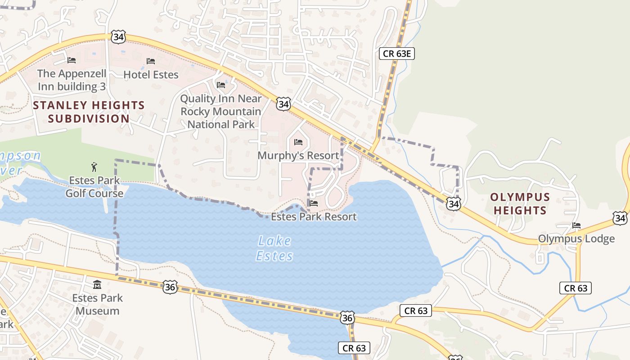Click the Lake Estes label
[x=274, y=248]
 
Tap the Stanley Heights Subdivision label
[x=89, y=112]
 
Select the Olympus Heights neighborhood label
[x=520, y=203]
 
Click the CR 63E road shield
[x=396, y=54]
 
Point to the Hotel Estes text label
[x=151, y=74]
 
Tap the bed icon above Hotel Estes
[x=151, y=61]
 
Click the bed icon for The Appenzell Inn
[x=72, y=60]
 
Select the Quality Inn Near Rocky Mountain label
[x=221, y=111]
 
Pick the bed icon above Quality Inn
[x=221, y=85]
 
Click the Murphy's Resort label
[x=298, y=156]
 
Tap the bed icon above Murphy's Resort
[x=298, y=142]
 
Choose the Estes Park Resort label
[x=314, y=216]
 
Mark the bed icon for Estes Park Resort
[x=314, y=203]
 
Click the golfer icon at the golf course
[x=94, y=167]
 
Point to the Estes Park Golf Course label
[x=94, y=187]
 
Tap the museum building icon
[x=97, y=284]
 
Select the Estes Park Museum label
[x=97, y=304]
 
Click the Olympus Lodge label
[x=576, y=238]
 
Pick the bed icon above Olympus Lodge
[x=576, y=225]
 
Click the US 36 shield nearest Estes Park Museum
[x=170, y=287]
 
